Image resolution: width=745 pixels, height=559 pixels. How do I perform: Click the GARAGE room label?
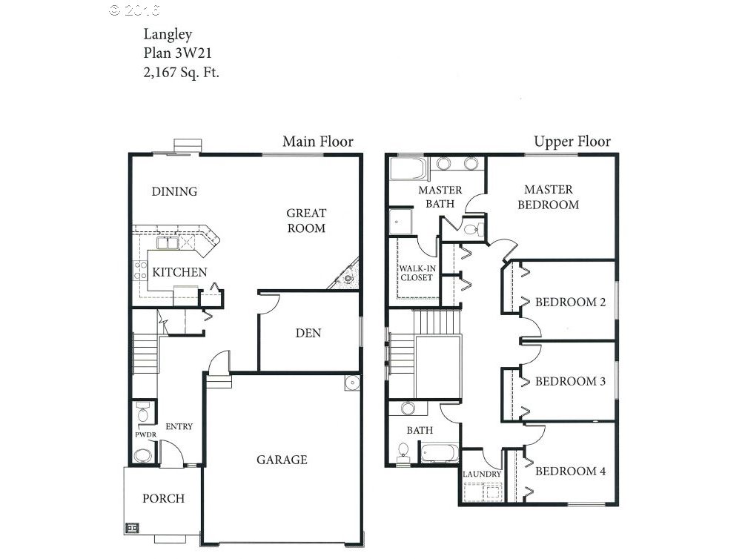pos(282,460)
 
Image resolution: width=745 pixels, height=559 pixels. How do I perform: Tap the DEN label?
pos(308,333)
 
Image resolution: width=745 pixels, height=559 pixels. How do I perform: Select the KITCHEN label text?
pos(179,272)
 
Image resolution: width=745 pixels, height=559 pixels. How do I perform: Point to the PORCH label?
pos(163,498)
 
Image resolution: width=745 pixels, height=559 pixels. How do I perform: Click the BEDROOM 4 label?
pos(570,471)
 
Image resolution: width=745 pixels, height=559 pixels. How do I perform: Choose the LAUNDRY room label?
pos(482,474)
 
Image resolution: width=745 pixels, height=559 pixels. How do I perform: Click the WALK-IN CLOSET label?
pos(417,273)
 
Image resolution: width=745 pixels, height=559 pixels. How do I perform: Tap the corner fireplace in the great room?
pos(345,276)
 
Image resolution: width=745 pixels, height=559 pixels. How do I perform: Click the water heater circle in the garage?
pos(352,382)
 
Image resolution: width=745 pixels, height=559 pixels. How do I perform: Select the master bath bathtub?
pos(408,169)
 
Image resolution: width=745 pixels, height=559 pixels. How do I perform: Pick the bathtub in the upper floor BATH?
pos(440,453)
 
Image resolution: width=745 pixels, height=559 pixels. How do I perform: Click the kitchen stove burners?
pos(140,270)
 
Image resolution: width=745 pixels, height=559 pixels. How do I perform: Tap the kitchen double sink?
pos(168,243)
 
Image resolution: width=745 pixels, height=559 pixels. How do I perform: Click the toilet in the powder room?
pos(142,413)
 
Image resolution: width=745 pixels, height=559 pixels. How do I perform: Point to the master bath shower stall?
pos(400,221)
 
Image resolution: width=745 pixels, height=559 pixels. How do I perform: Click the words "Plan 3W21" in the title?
pos(178,53)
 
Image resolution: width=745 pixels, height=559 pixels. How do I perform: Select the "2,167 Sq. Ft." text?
pos(181,72)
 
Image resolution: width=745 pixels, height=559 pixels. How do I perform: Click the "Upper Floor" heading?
pos(572,142)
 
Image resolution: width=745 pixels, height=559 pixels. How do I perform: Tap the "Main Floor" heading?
pos(318,142)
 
